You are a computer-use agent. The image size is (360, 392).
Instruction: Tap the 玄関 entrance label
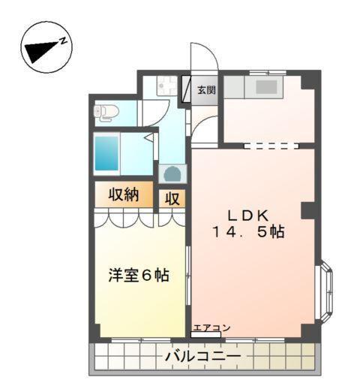pyautogui.click(x=206, y=90)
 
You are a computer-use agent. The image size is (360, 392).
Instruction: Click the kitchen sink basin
pyautogui.click(x=266, y=86)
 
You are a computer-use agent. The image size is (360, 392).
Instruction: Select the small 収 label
pyautogui.click(x=172, y=199)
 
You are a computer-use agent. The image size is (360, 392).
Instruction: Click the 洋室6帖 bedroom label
pyautogui.click(x=137, y=276)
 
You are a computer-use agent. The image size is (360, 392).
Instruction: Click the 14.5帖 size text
pyautogui.click(x=247, y=232)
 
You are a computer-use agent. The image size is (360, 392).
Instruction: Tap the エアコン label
pyautogui.click(x=211, y=327)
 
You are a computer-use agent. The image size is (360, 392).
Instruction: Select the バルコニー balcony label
pyautogui.click(x=202, y=355)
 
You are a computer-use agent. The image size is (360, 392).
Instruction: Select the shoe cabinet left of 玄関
pyautogui.click(x=187, y=89)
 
